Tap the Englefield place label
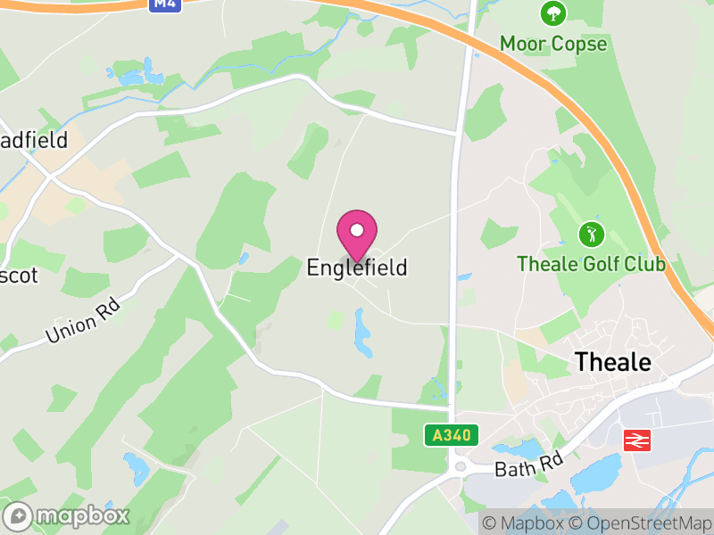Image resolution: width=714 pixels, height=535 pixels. [x=357, y=267]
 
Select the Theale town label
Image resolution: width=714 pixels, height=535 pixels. [x=613, y=362]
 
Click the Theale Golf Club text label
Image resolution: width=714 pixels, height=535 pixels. [x=592, y=264]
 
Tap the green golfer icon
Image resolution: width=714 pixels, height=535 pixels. [x=591, y=235]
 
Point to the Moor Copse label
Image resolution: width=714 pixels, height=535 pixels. [x=553, y=44]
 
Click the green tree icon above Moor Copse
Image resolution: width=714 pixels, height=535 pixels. [x=553, y=13]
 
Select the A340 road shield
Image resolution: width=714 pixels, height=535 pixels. [x=451, y=435]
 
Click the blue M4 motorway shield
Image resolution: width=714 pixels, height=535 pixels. [x=163, y=4]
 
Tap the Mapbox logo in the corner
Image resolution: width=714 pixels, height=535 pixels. [x=67, y=515]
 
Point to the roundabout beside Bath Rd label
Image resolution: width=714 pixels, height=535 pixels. [x=461, y=466]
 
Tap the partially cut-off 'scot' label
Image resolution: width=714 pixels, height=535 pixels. [x=19, y=276]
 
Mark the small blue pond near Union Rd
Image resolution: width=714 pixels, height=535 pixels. [x=244, y=259]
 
